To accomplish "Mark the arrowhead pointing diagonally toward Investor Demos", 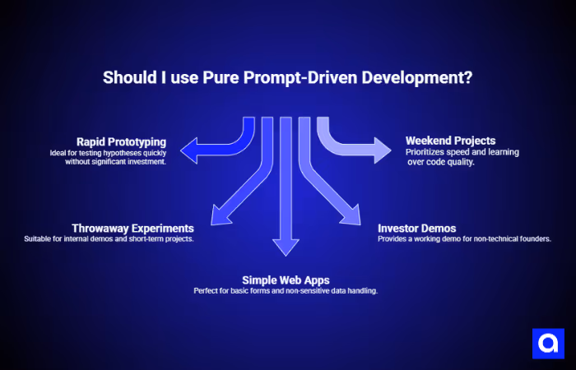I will [352, 215].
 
